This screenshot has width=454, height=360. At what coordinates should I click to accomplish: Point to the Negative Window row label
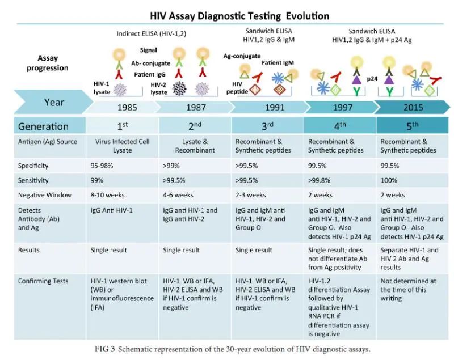[x=45, y=196]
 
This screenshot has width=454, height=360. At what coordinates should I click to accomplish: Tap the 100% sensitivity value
[x=389, y=181]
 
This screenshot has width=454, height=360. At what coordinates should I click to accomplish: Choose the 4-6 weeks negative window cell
[x=178, y=196]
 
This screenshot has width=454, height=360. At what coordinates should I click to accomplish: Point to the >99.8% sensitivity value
[x=320, y=181]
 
